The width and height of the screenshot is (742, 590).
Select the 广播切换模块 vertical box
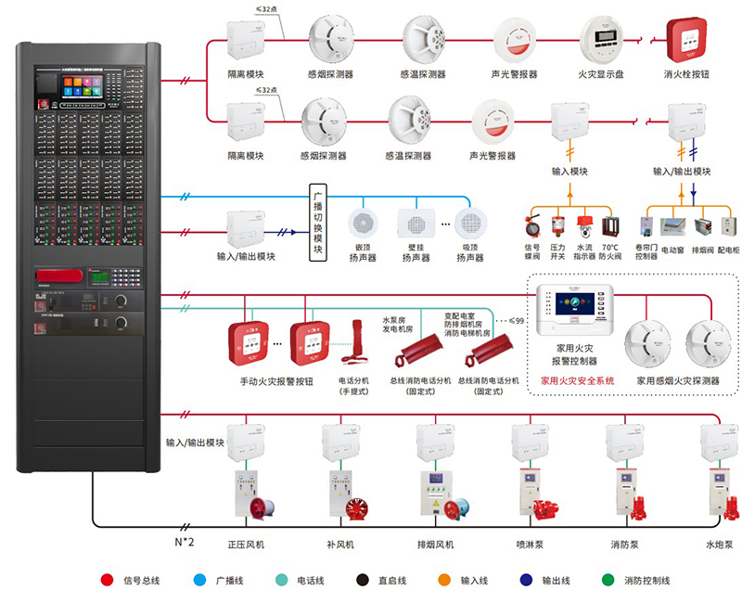pos(317,223)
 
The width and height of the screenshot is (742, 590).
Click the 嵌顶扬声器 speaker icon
pos(363,224)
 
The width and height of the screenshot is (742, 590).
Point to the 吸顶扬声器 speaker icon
pos(470,224)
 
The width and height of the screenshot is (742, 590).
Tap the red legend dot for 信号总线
pos(106,580)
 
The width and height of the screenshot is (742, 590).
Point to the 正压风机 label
pos(246,545)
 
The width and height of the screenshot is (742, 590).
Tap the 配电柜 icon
pos(730,227)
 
